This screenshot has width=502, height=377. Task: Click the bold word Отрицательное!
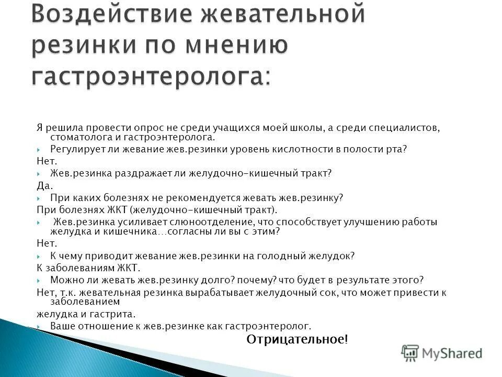297,339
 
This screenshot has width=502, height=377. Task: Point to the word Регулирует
74,149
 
